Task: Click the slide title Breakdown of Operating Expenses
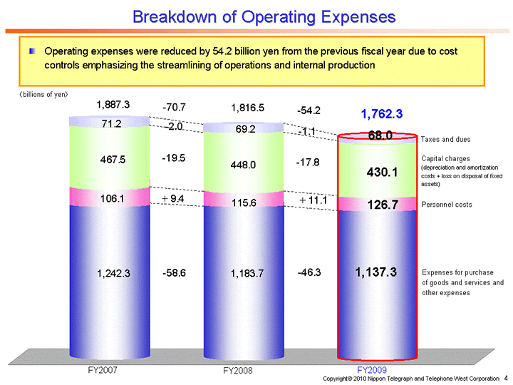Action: tap(264, 16)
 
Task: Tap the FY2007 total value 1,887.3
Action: tap(113, 105)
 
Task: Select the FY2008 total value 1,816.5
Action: tap(248, 108)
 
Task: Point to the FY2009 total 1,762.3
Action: tap(382, 113)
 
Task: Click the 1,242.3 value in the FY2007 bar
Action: tap(114, 272)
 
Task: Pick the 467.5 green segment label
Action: tap(113, 160)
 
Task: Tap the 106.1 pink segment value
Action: tap(113, 198)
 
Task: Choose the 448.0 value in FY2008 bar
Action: tap(248, 164)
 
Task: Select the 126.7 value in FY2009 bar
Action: tap(382, 205)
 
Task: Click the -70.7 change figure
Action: tap(174, 107)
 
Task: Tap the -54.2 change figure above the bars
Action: tap(309, 111)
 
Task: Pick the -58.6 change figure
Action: tap(174, 272)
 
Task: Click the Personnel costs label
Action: tap(447, 205)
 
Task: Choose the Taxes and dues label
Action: tap(445, 139)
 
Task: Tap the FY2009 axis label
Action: tap(371, 370)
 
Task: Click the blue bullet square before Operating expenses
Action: tap(32, 52)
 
